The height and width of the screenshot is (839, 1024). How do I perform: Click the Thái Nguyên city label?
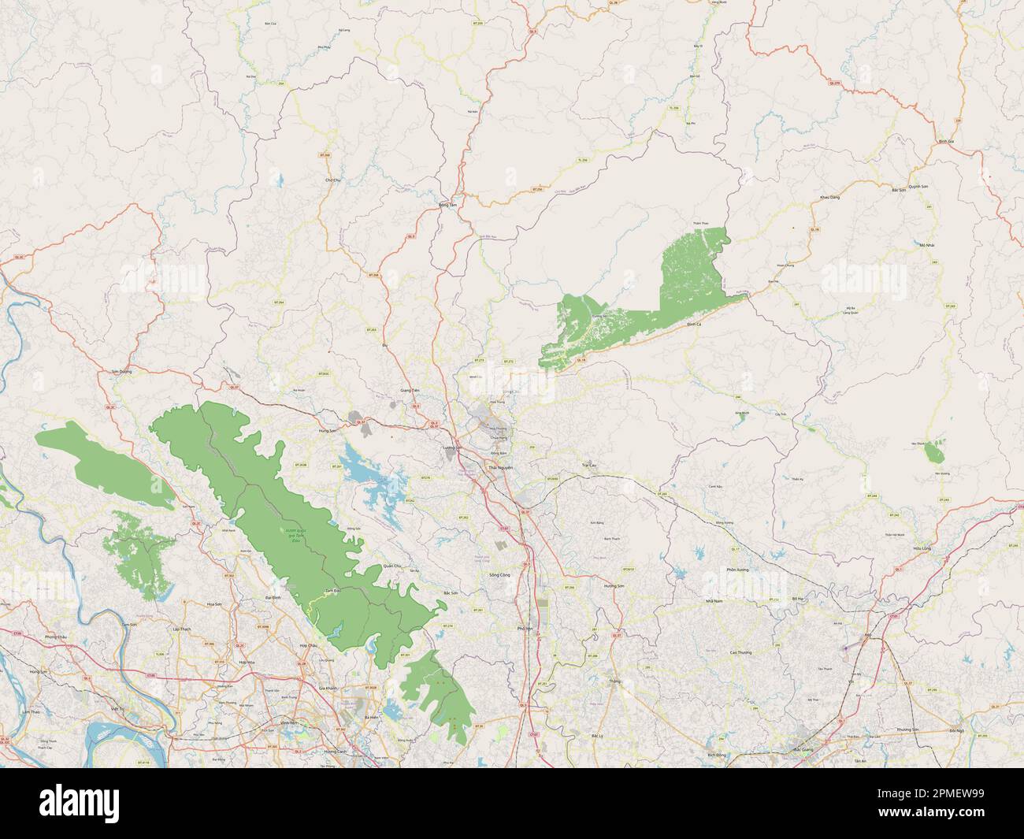[500, 468]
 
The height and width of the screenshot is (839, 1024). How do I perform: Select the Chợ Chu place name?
[332, 180]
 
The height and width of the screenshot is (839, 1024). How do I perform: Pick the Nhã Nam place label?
[714, 600]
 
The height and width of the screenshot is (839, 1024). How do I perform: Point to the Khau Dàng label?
[829, 197]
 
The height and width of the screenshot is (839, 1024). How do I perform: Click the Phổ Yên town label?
[524, 628]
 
